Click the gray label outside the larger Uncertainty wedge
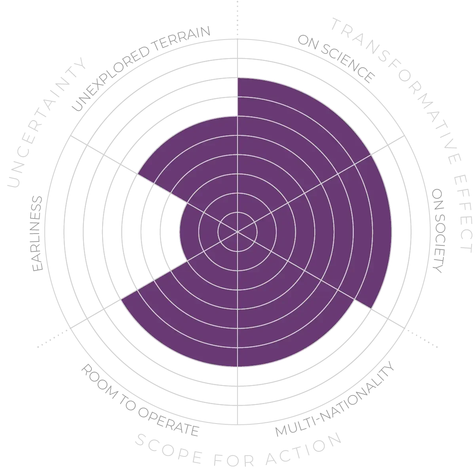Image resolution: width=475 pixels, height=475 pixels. [x=139, y=67]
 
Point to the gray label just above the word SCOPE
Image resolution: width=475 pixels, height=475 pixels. [x=139, y=400]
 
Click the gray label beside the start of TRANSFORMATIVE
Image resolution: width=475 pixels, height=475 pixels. [x=336, y=59]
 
